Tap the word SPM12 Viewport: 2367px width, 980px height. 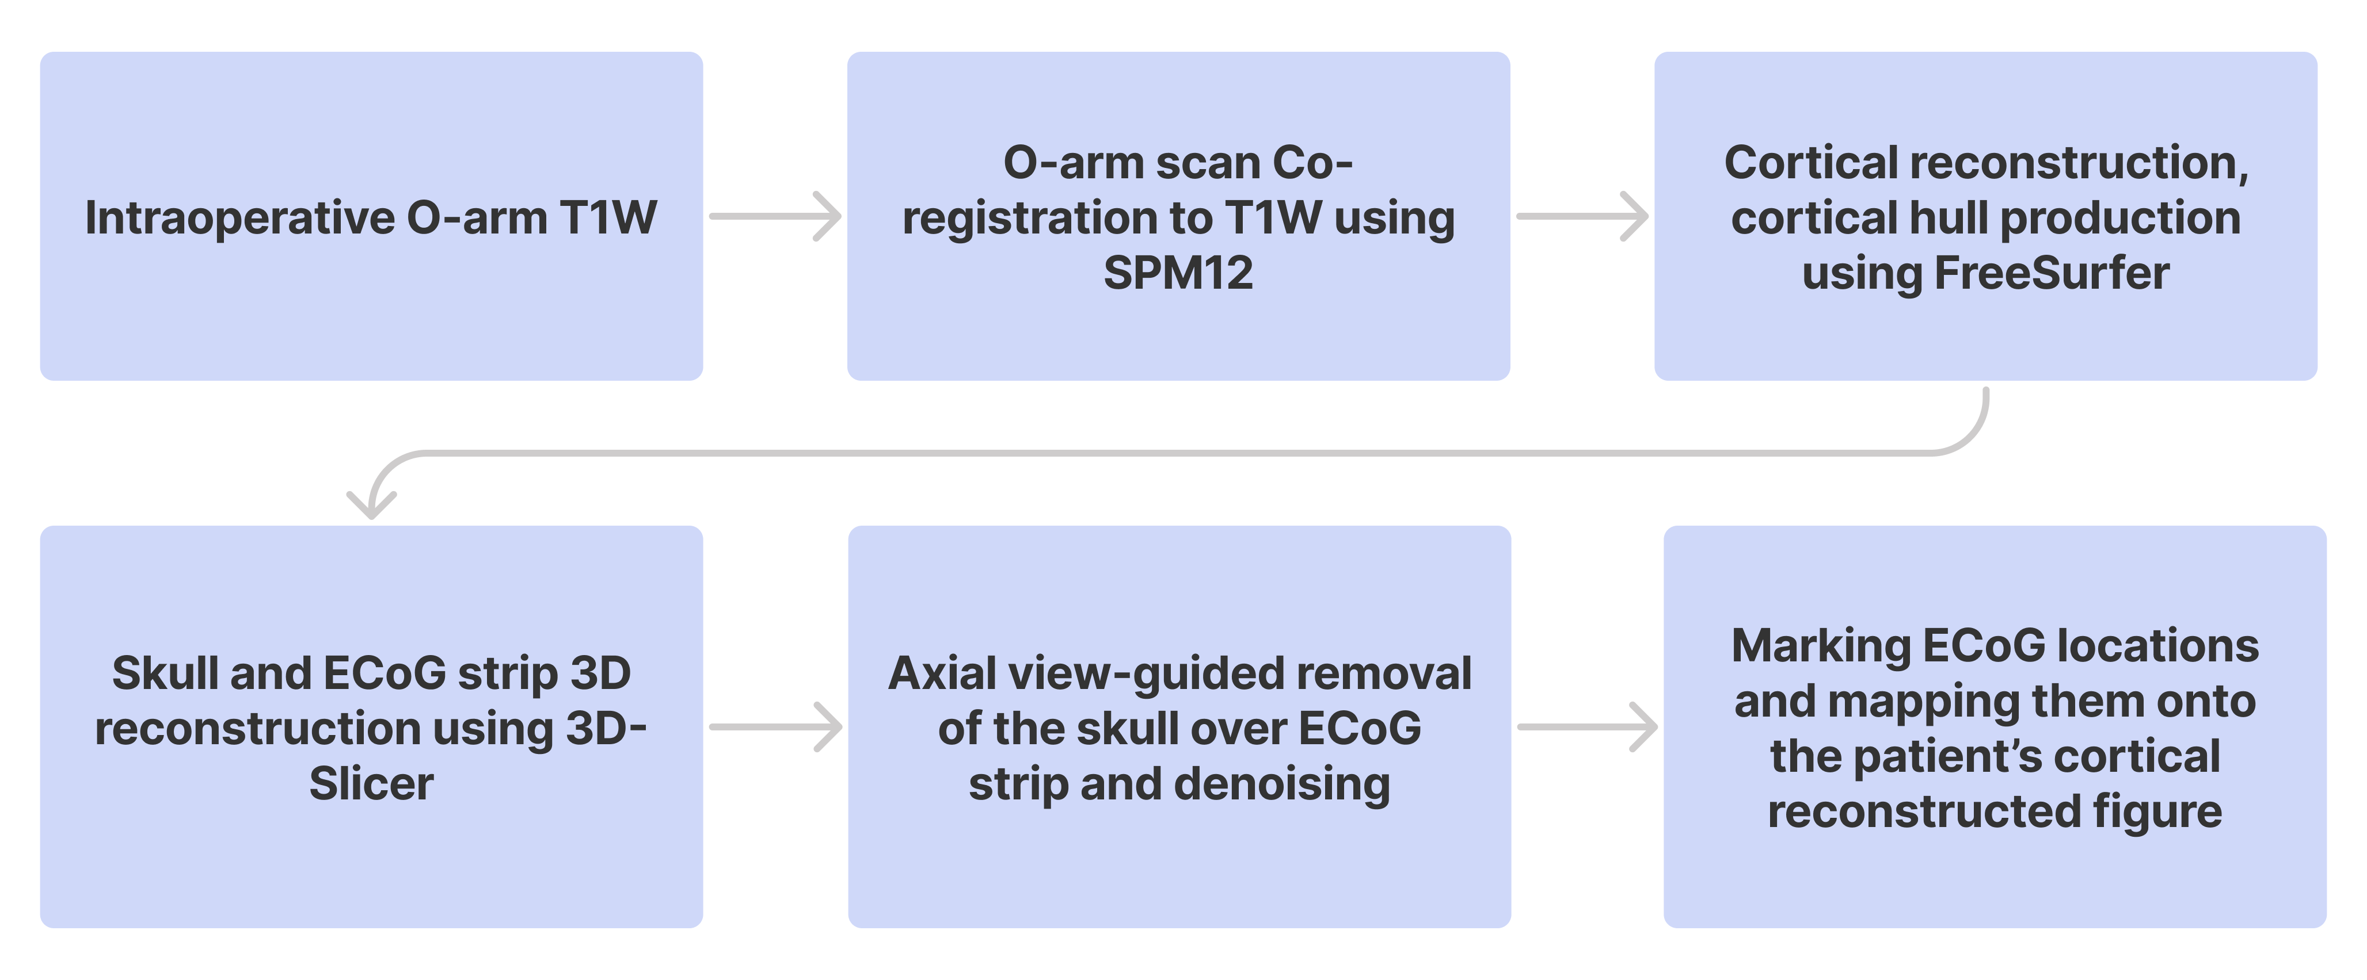click(1178, 274)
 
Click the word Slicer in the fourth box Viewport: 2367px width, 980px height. click(371, 784)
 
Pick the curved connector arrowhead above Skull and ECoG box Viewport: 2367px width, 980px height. click(371, 503)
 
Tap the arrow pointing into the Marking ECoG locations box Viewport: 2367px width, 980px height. click(1587, 728)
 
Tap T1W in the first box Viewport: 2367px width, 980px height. click(608, 219)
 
